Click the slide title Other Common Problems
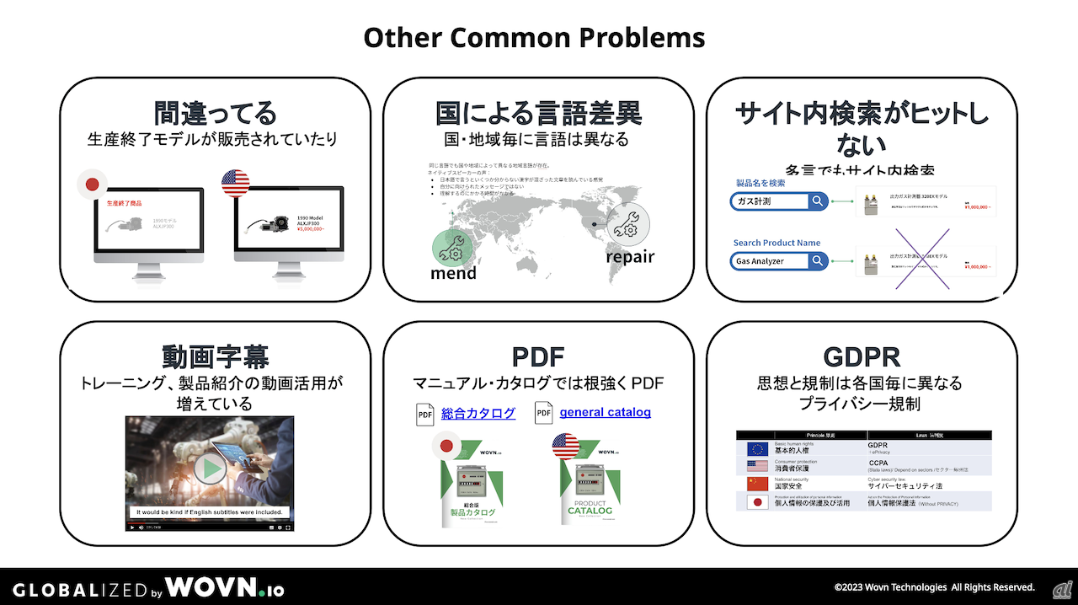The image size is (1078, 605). tap(534, 38)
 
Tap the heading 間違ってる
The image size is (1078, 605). tap(215, 113)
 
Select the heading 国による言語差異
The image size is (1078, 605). tap(538, 113)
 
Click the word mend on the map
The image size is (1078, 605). tap(453, 273)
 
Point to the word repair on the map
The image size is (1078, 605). tap(629, 256)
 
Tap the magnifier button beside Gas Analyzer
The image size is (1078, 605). tap(818, 261)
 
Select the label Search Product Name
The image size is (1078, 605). tap(776, 243)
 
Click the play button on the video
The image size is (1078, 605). tap(209, 468)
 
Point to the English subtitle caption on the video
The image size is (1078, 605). tap(210, 511)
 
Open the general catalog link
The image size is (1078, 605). tap(605, 413)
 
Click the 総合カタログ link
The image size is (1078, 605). tap(478, 413)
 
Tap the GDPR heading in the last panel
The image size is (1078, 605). tap(861, 356)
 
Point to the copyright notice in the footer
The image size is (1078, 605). tap(934, 587)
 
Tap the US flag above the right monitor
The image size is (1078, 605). tap(236, 183)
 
